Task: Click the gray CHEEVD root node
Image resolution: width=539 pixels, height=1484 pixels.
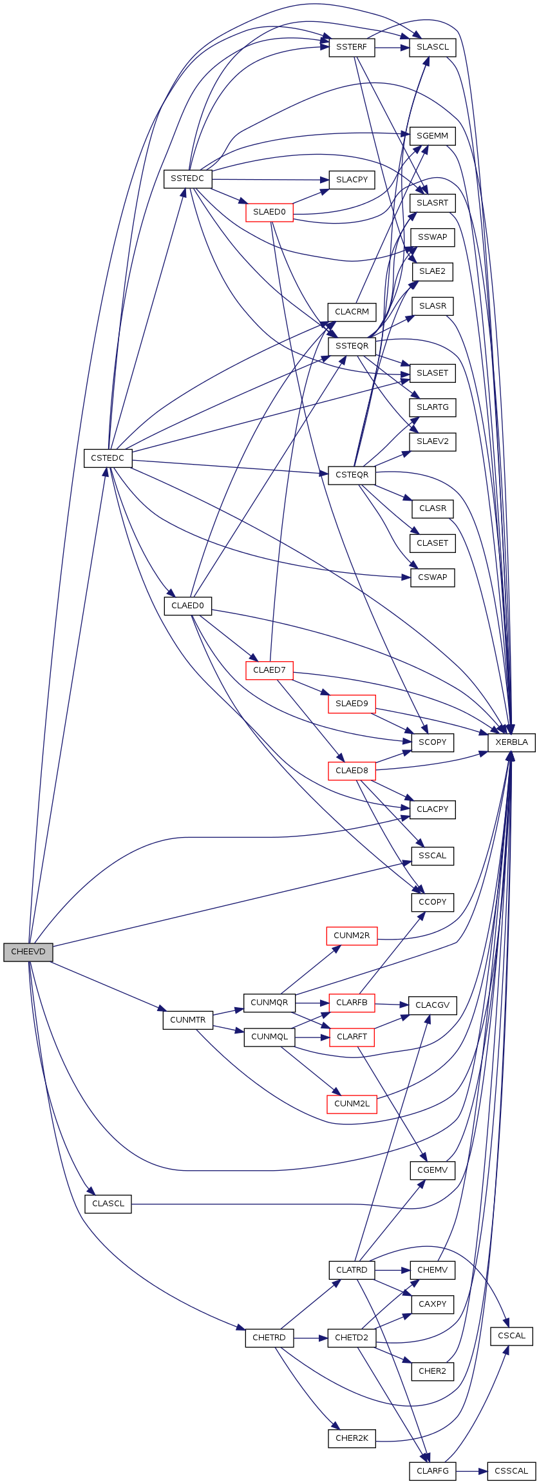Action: tap(28, 952)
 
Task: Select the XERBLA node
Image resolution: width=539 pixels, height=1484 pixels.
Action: tap(511, 742)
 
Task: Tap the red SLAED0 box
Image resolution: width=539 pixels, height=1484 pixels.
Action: tap(269, 212)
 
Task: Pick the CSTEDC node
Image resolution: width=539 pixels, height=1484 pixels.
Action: tap(108, 458)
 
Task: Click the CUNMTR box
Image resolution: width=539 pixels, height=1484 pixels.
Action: tap(187, 1020)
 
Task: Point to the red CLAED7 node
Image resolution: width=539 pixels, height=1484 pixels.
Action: tap(269, 670)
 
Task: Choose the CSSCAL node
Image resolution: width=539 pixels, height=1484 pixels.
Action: tap(511, 1471)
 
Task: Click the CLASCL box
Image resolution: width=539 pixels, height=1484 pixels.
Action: tap(108, 1204)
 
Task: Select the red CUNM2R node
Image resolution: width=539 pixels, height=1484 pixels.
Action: tap(352, 936)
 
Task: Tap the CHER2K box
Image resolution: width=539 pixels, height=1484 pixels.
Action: tap(352, 1438)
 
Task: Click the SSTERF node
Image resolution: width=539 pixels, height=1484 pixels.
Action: tap(352, 48)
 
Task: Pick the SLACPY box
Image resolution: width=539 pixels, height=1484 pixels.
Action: tap(352, 180)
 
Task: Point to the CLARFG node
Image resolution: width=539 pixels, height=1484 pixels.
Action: tap(432, 1471)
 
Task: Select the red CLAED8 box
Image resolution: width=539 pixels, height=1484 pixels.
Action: tap(352, 771)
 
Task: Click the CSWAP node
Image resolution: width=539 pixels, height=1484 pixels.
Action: tap(432, 577)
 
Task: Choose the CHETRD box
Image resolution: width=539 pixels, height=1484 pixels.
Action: tap(269, 1338)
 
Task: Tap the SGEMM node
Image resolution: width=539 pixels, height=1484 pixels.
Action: tap(432, 136)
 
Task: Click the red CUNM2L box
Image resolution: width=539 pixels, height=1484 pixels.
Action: tap(352, 1104)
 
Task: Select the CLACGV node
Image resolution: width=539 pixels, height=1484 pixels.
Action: tap(432, 1005)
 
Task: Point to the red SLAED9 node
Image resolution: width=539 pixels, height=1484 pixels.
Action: tap(352, 704)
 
